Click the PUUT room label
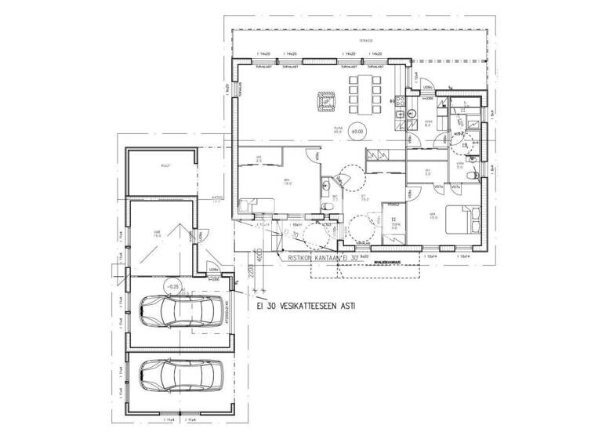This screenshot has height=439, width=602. click(x=165, y=166)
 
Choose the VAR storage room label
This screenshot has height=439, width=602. click(x=158, y=233)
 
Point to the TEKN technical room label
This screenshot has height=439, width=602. click(x=393, y=226)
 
